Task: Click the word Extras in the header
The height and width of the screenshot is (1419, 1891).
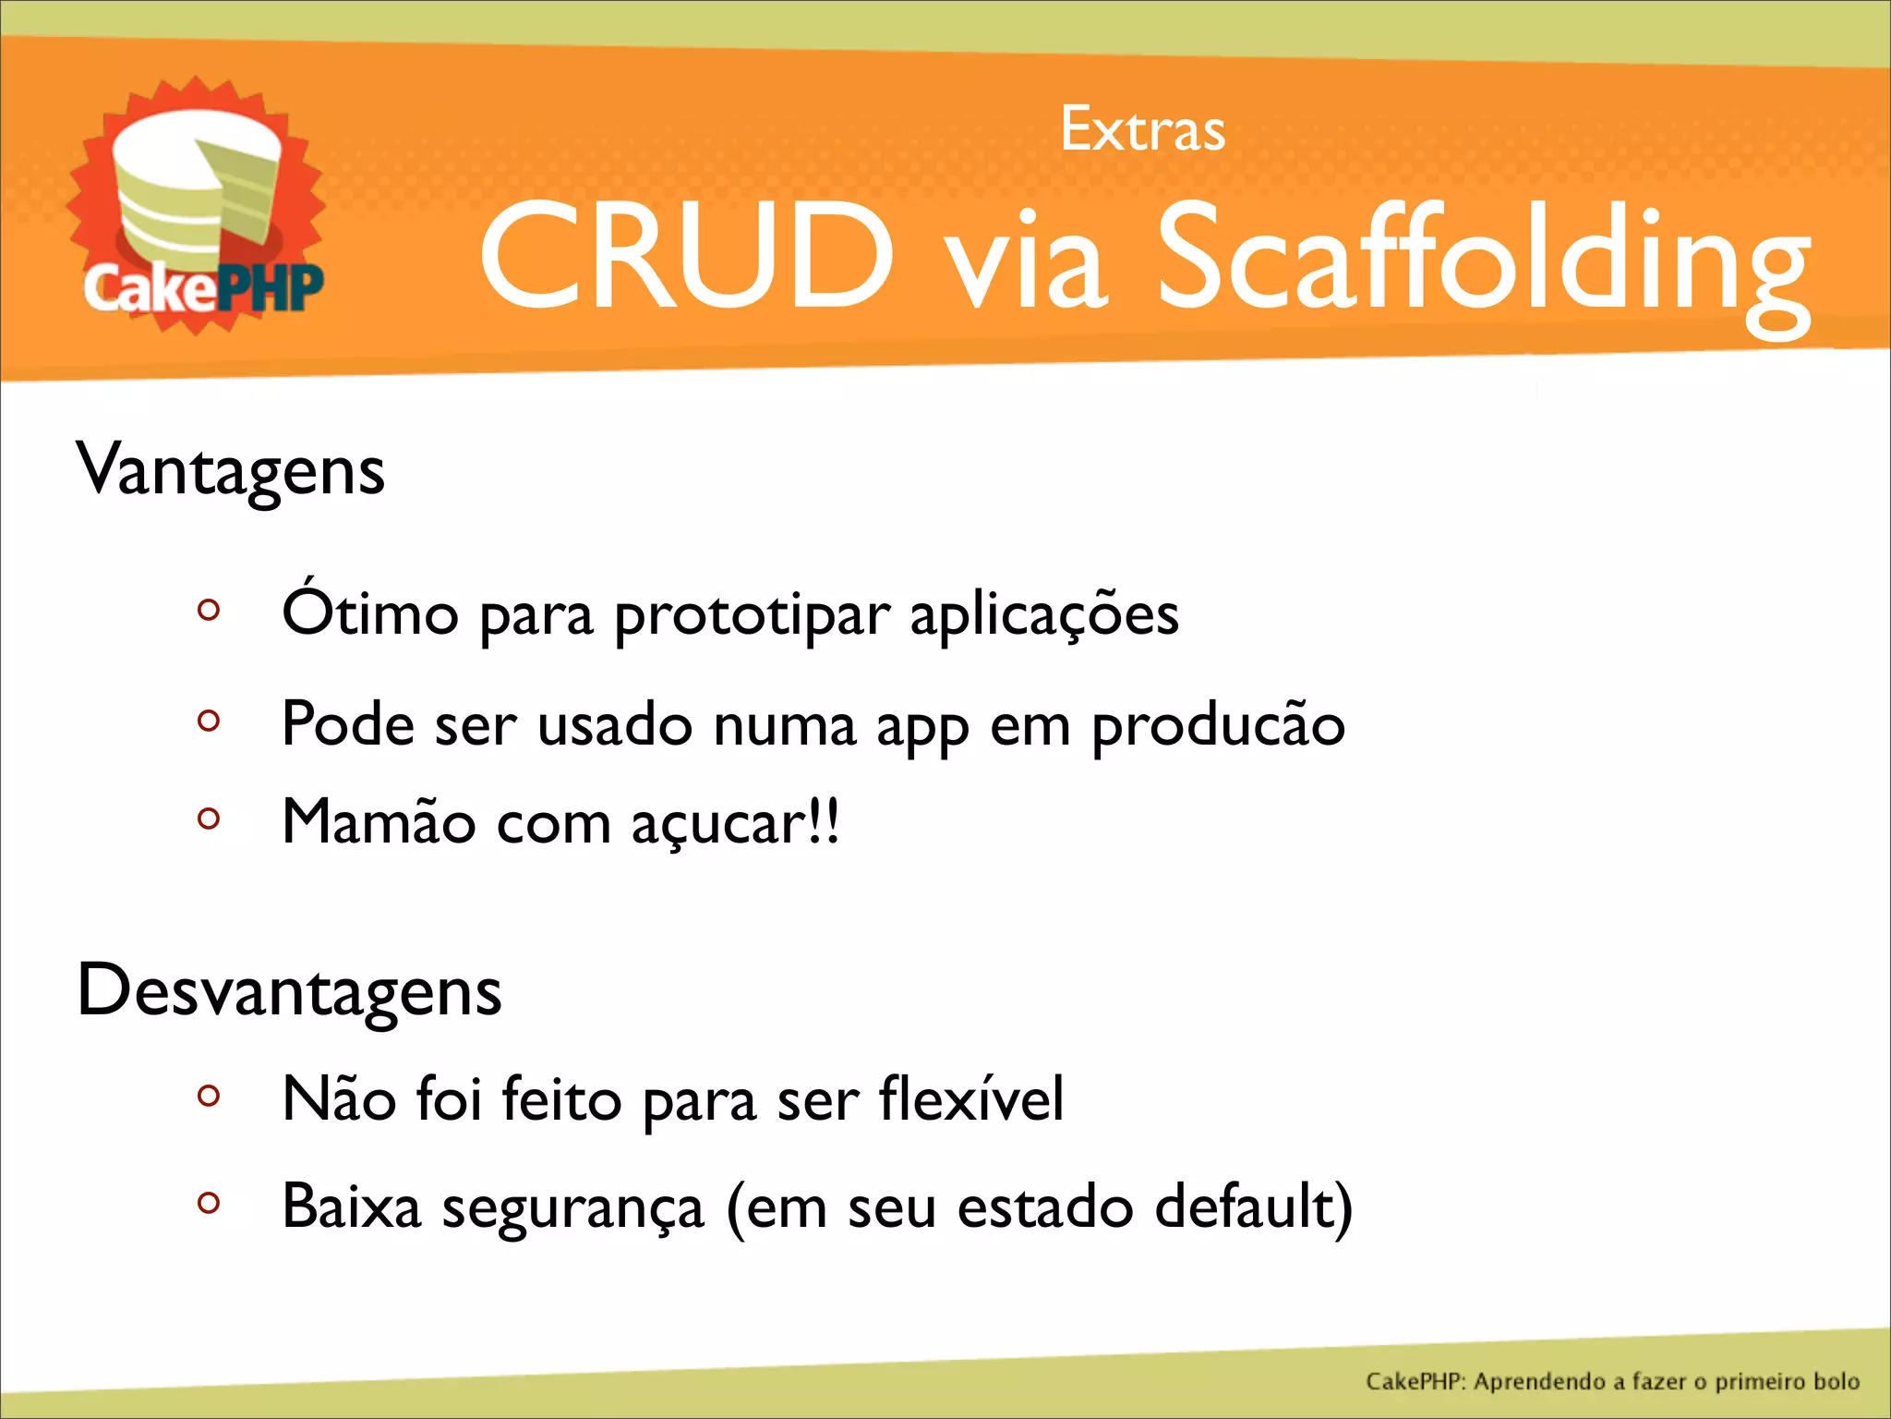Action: tap(1142, 129)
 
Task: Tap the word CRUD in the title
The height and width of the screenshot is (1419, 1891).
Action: tap(687, 256)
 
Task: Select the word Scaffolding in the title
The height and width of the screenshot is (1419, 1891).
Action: tap(1483, 263)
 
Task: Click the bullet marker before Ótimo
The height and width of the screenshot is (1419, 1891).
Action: tap(209, 611)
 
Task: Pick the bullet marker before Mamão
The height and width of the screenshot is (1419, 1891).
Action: tap(209, 819)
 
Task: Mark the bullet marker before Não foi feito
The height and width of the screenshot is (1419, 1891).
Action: tap(209, 1096)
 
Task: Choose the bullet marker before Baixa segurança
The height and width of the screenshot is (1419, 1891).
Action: tap(209, 1203)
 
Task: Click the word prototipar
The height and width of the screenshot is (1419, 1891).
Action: tap(753, 617)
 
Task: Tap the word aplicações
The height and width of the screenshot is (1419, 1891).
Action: tap(1044, 615)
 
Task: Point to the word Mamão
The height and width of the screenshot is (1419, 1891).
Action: tap(379, 821)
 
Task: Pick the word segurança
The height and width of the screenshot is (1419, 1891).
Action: tap(572, 1209)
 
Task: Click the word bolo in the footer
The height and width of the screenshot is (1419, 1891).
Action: tap(1836, 1381)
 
